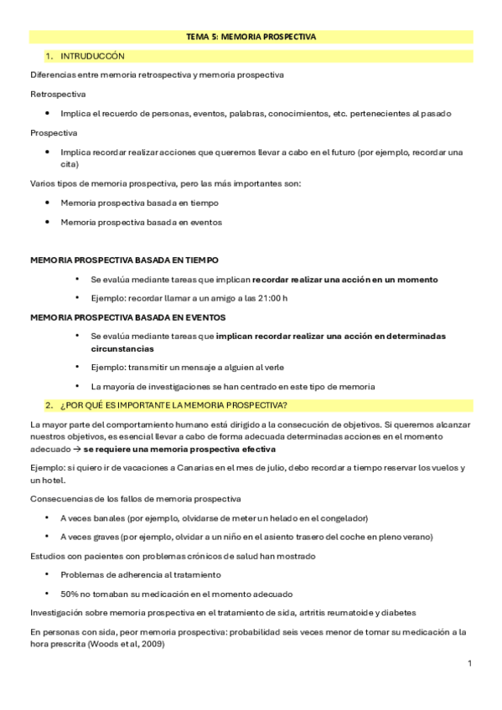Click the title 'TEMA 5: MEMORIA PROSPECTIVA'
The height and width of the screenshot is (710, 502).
pyautogui.click(x=251, y=37)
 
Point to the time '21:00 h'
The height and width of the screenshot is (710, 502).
pyautogui.click(x=272, y=298)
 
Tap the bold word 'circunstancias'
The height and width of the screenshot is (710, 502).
pyautogui.click(x=122, y=348)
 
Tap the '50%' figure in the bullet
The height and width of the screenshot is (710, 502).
pyautogui.click(x=70, y=594)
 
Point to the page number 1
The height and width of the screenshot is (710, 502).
pyautogui.click(x=470, y=663)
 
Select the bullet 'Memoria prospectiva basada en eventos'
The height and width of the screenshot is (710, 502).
pyautogui.click(x=141, y=223)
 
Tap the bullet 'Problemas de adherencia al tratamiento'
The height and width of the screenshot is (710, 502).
pyautogui.click(x=140, y=574)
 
